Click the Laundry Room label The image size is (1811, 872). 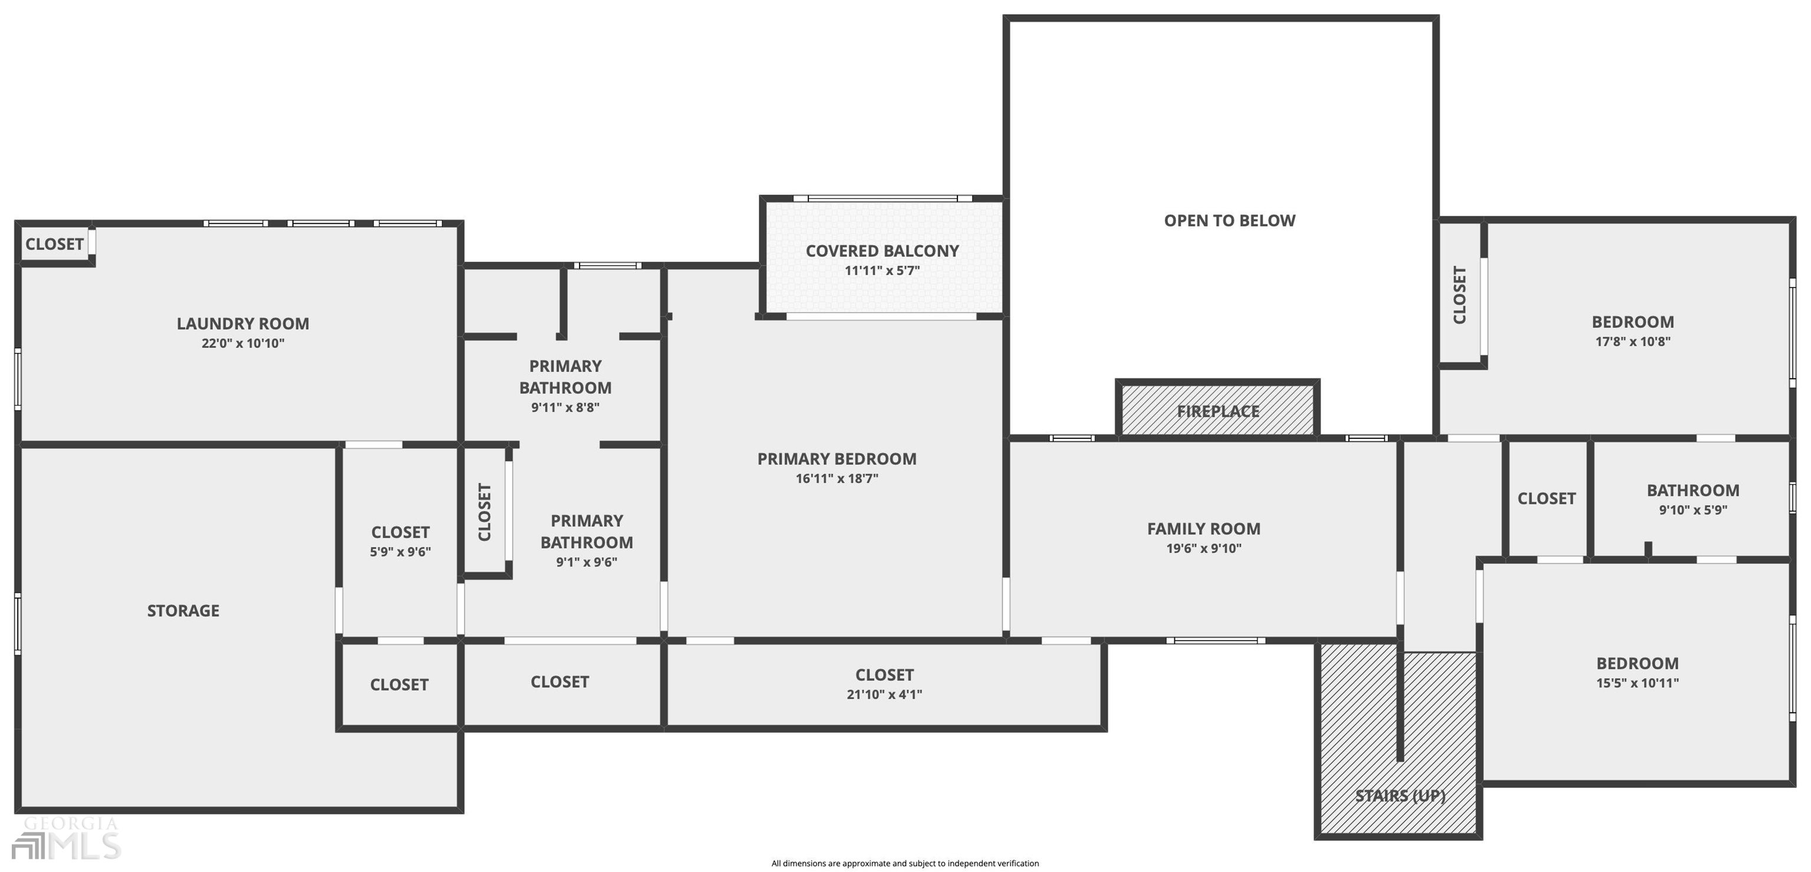coord(242,324)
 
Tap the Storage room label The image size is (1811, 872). coord(183,610)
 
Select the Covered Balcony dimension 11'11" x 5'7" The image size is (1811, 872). coord(881,270)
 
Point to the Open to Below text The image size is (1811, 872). coord(1229,220)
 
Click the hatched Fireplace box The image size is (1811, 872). coord(1217,411)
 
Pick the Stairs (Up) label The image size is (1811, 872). coord(1400,795)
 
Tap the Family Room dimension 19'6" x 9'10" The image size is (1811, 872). coord(1204,549)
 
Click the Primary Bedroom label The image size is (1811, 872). coord(837,459)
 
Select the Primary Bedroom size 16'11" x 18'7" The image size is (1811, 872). coord(837,479)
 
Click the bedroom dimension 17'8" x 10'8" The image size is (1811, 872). coord(1632,342)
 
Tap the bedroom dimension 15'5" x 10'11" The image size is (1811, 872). coord(1637,683)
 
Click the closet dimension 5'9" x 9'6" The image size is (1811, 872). coord(400,552)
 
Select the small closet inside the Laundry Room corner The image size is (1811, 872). coord(54,244)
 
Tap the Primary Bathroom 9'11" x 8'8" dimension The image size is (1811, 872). coord(565,408)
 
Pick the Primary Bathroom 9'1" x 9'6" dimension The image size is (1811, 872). coord(587,562)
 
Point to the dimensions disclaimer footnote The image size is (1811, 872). coord(905,864)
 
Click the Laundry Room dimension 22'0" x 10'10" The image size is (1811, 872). coord(242,343)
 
